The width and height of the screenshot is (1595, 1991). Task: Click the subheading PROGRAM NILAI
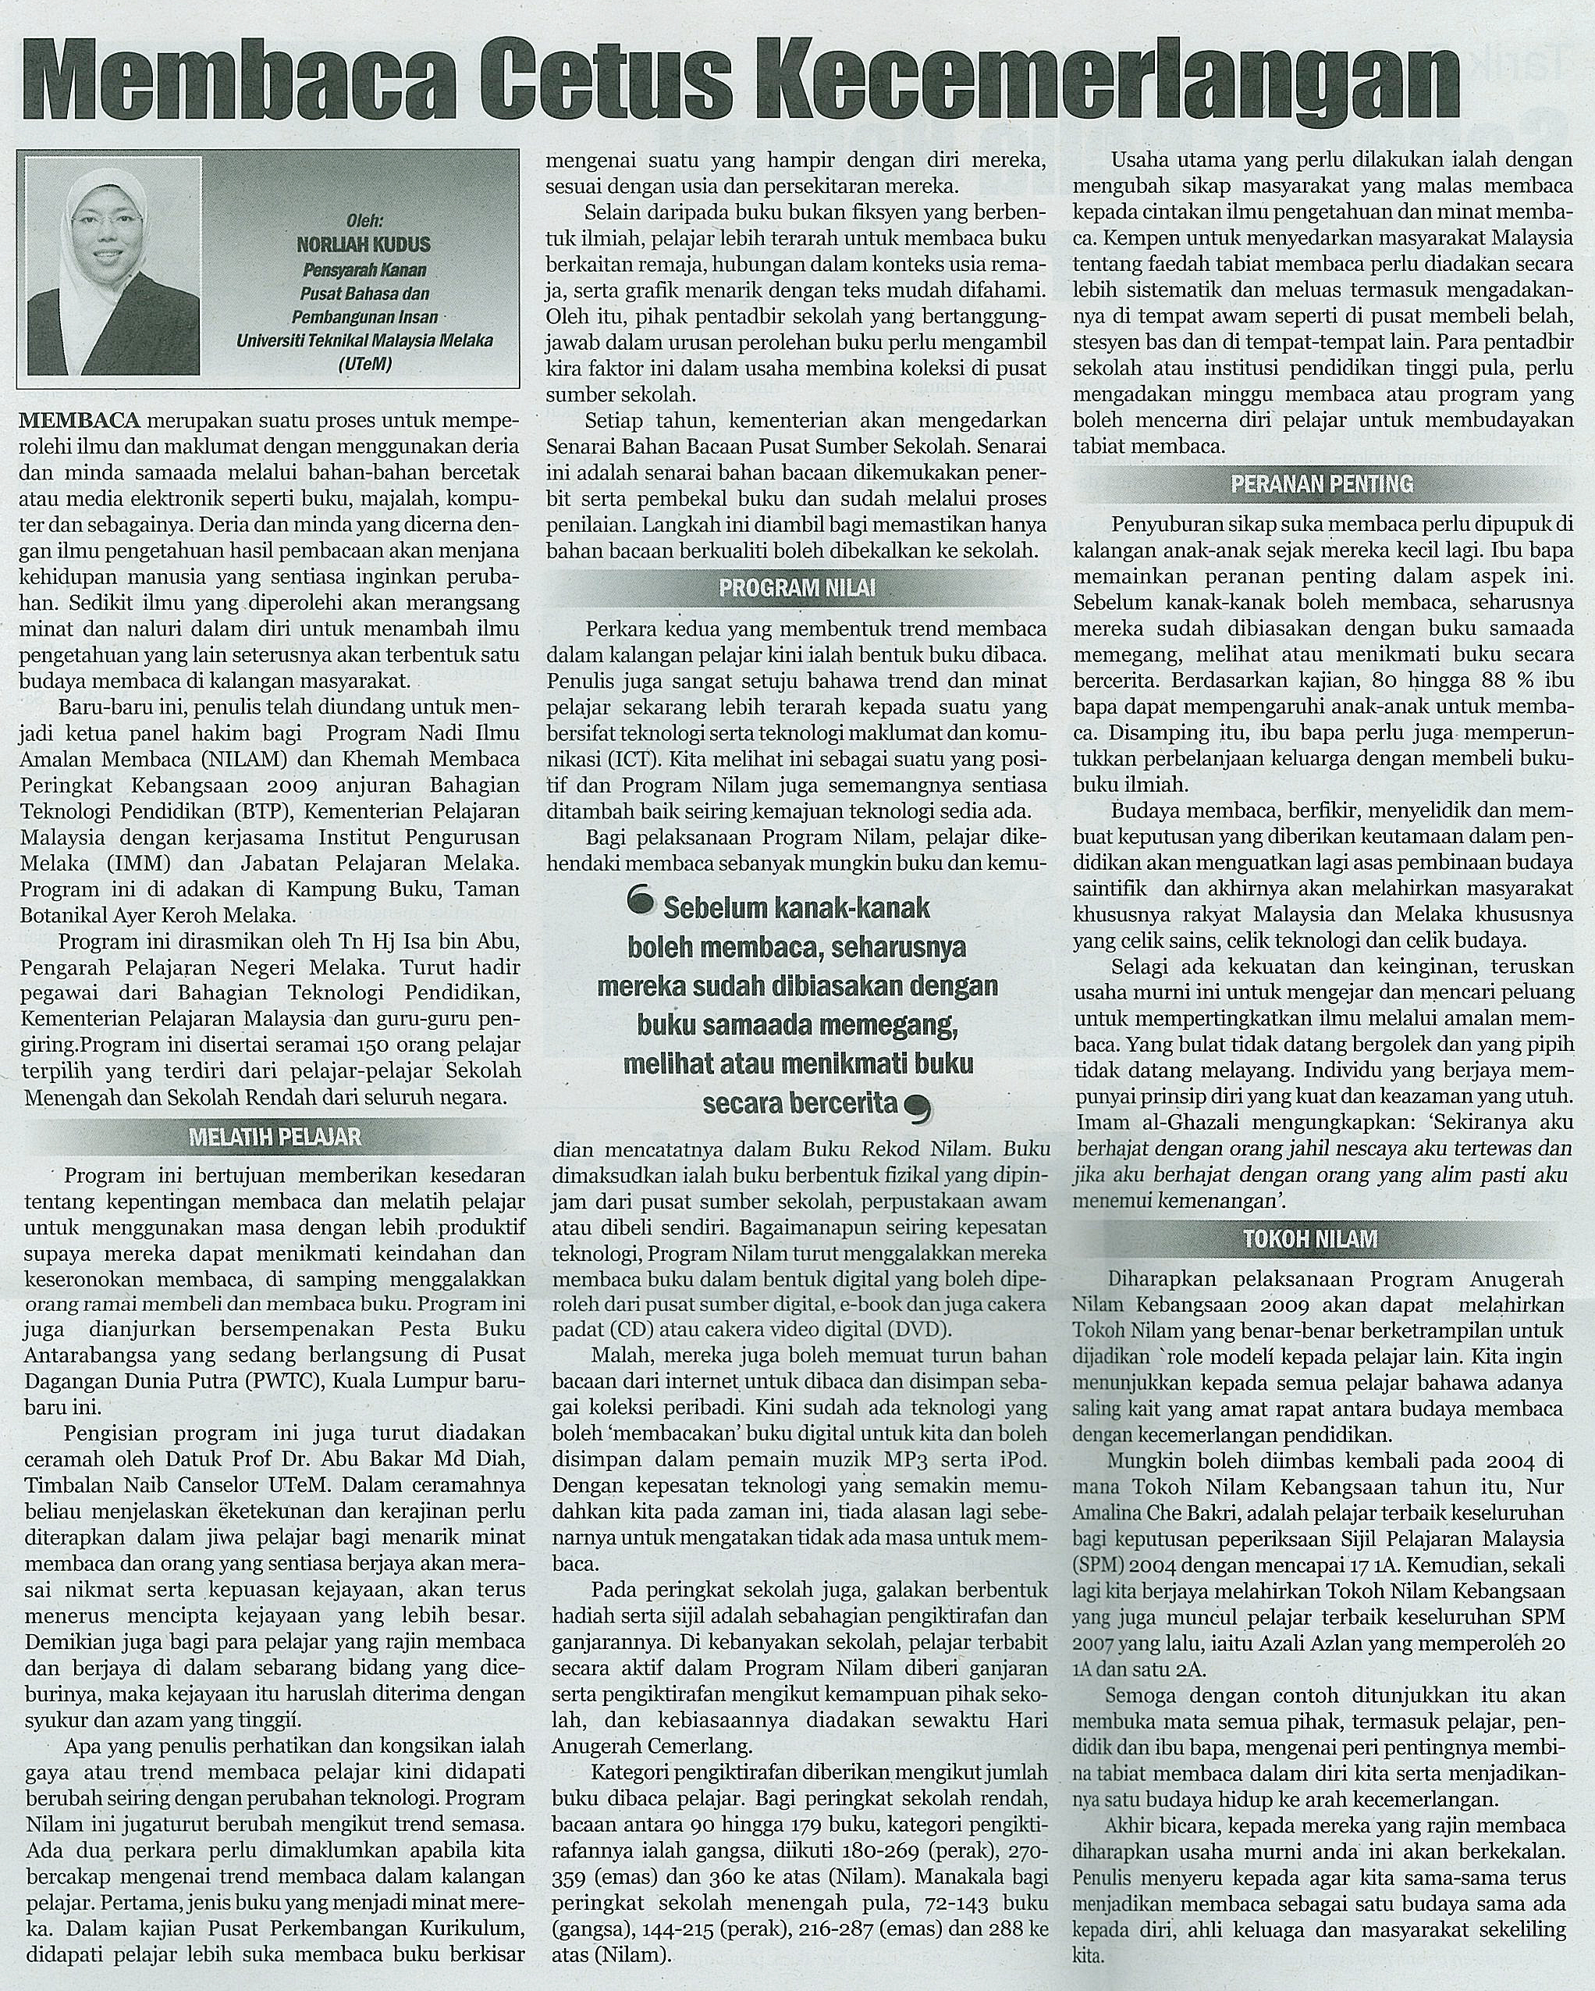tap(797, 587)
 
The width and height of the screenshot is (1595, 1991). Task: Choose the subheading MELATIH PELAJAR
tap(274, 1136)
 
